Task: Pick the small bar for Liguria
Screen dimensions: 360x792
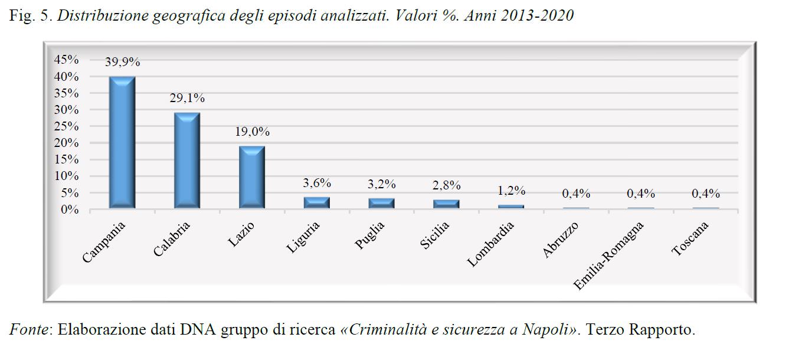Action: point(316,202)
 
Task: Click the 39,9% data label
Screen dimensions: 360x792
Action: point(122,61)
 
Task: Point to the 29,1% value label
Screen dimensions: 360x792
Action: point(186,99)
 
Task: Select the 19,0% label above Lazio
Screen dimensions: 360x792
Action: point(251,133)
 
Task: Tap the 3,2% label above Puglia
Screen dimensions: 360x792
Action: point(381,184)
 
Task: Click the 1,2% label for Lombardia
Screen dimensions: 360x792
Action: point(511,191)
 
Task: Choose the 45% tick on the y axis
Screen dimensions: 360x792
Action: point(66,60)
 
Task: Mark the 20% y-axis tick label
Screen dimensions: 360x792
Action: point(66,143)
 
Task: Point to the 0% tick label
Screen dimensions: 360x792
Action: point(70,210)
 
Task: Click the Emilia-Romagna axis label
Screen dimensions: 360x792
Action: point(609,255)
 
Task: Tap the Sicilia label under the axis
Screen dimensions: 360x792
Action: point(435,235)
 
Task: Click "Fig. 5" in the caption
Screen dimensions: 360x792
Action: point(30,16)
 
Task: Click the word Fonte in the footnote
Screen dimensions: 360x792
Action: point(28,329)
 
